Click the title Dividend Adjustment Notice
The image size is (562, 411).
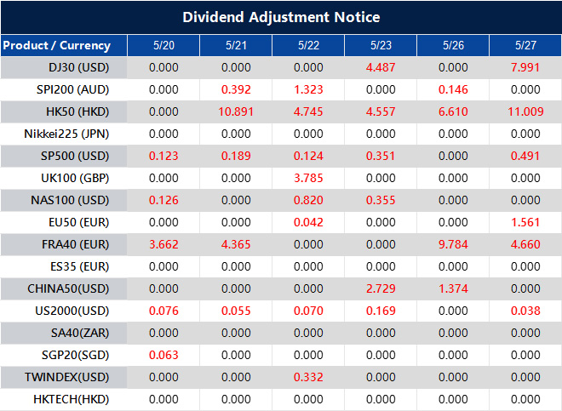point(281,17)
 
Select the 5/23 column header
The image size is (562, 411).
point(381,45)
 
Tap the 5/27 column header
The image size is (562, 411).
point(525,45)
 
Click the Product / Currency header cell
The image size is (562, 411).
point(57,45)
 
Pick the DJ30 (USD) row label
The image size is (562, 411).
point(78,67)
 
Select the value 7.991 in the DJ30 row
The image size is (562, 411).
point(525,67)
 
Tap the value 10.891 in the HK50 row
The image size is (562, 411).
point(236,111)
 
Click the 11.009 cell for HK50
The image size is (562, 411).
point(525,111)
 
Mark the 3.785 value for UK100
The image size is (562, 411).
point(308,178)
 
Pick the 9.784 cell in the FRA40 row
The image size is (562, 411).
point(453,244)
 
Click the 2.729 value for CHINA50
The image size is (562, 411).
point(381,288)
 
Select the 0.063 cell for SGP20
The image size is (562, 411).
point(163,355)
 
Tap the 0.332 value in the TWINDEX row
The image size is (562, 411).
point(308,377)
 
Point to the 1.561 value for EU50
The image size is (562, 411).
point(525,222)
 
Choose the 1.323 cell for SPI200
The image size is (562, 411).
point(308,89)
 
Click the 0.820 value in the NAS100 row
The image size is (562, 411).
point(308,200)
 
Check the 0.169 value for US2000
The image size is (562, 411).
point(381,311)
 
